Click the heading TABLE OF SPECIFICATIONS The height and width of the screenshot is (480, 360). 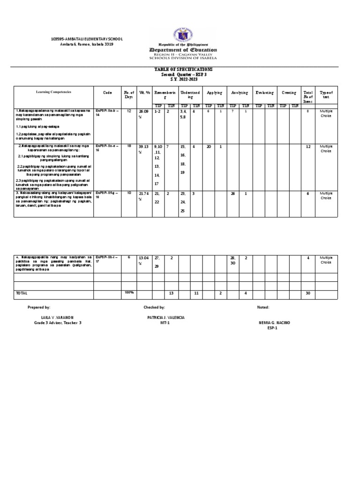click(x=180, y=69)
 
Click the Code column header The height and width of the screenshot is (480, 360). click(x=107, y=93)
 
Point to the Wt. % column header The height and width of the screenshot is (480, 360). click(x=144, y=93)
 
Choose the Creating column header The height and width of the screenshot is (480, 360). click(x=289, y=93)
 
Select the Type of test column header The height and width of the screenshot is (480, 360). click(x=325, y=95)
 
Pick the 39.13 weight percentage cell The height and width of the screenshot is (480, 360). click(x=143, y=149)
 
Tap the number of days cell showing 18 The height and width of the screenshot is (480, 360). click(x=128, y=146)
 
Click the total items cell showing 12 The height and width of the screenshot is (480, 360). click(x=307, y=147)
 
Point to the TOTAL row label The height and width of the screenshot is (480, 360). click(x=22, y=293)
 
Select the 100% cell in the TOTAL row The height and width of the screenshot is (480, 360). click(x=129, y=292)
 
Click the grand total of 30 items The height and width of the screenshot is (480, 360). click(x=307, y=293)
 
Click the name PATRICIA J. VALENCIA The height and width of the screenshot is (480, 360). click(x=165, y=317)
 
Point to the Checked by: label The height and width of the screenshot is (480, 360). click(x=154, y=307)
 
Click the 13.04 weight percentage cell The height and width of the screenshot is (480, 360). click(x=143, y=260)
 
